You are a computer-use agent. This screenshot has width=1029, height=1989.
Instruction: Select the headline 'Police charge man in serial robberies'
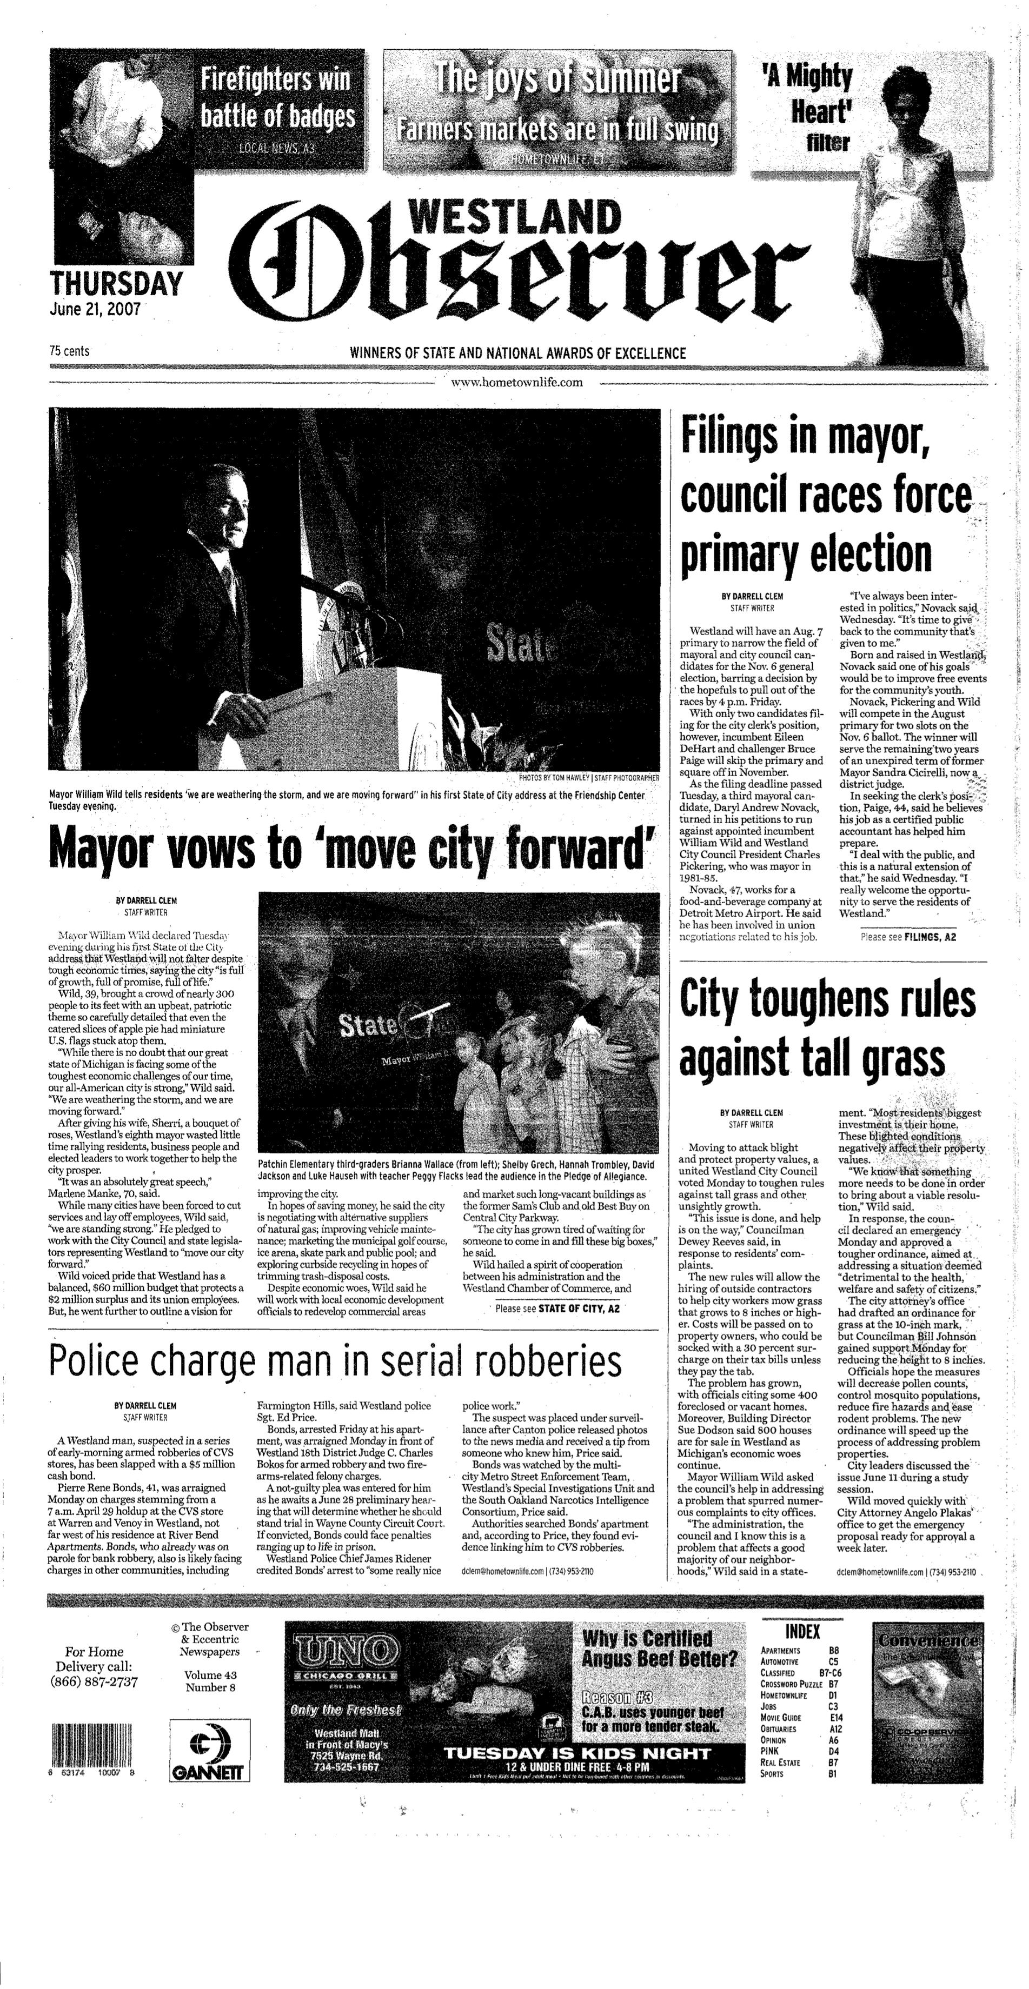(x=335, y=1360)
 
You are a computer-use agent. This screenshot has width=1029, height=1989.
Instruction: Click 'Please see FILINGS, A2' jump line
(x=908, y=937)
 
